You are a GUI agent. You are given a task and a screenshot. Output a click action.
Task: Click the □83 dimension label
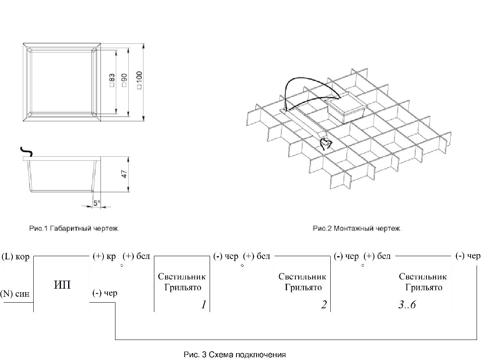(112, 80)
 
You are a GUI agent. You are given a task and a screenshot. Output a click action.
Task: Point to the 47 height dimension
(124, 174)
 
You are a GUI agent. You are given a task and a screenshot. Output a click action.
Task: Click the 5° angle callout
(97, 203)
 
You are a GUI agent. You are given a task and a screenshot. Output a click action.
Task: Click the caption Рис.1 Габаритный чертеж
(74, 229)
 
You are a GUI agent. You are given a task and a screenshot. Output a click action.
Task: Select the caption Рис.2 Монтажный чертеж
(357, 229)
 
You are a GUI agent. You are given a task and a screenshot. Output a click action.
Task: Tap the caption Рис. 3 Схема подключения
(234, 355)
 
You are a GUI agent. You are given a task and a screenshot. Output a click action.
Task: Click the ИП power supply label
(62, 285)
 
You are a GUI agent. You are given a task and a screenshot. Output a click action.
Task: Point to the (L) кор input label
(16, 257)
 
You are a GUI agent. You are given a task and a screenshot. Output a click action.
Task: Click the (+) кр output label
(104, 257)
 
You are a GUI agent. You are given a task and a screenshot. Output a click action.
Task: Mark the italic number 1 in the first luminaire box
(204, 305)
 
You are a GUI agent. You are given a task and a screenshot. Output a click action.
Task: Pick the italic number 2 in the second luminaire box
(323, 305)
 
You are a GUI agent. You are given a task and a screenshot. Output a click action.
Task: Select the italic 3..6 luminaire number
(407, 305)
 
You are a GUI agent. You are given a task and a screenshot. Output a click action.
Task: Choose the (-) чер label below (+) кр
(105, 293)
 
